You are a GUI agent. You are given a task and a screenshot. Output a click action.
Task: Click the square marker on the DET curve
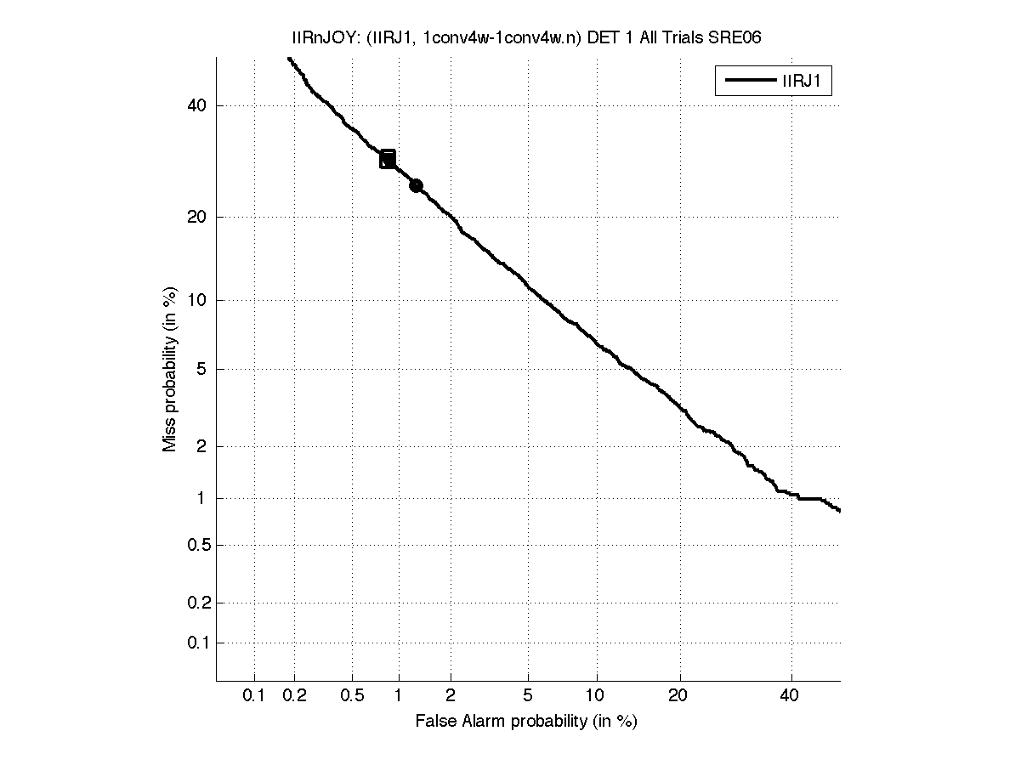388,159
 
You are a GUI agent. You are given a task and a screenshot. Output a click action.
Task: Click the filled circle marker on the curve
416,185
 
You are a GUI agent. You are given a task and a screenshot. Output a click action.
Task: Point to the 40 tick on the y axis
198,105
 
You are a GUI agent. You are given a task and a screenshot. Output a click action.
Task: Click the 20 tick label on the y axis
198,217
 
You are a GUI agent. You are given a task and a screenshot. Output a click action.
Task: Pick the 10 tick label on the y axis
198,299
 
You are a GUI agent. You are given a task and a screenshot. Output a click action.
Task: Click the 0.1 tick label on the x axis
254,696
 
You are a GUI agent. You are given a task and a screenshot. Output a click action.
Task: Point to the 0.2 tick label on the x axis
295,696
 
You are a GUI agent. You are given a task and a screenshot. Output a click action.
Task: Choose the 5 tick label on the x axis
528,696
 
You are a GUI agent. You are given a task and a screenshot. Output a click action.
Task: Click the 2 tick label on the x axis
451,696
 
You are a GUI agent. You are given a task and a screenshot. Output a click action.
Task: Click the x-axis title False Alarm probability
526,722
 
